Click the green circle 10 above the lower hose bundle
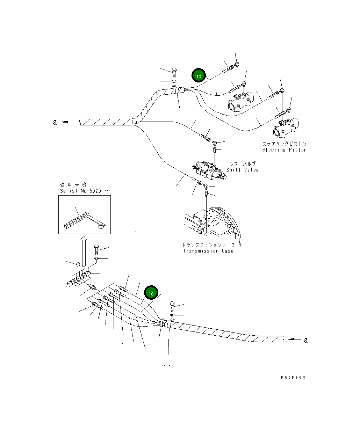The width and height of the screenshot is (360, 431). point(151,293)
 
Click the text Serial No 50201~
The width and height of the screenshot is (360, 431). point(85,191)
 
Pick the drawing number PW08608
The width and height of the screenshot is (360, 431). point(293,377)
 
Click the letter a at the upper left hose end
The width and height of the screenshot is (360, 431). point(55,122)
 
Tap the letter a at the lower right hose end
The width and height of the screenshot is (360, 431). point(306,339)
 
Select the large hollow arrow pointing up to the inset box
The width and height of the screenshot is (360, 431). point(83,250)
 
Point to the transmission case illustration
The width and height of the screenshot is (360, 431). point(213,224)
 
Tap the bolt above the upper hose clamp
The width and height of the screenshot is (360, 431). point(174,72)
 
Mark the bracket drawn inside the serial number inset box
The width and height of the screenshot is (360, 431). point(84,221)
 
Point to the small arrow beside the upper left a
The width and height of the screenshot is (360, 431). point(69,122)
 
